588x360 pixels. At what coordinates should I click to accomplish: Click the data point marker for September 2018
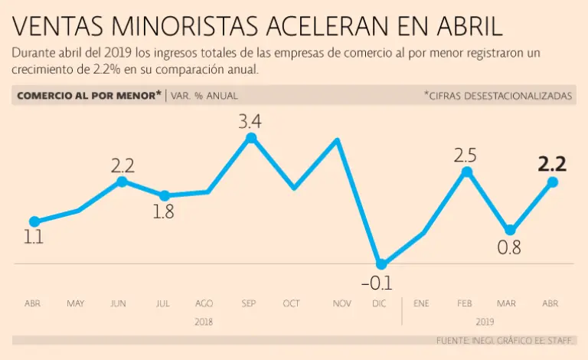(x=250, y=138)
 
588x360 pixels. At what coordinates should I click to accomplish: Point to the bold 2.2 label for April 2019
(x=552, y=163)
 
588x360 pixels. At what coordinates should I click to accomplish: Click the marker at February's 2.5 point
(x=466, y=172)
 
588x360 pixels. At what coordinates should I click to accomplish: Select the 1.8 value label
(x=163, y=213)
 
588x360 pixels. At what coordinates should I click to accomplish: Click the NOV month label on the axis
(x=342, y=304)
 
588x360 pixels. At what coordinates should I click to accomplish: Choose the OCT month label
(x=292, y=304)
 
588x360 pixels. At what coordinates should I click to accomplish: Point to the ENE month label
(x=421, y=304)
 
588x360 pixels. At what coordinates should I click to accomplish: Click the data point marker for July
(x=164, y=196)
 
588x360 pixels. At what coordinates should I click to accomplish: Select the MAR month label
(x=508, y=304)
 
